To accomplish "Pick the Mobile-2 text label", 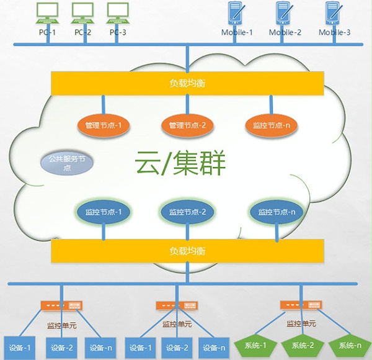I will tap(285, 32).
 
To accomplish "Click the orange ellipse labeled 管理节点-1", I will tap(104, 125).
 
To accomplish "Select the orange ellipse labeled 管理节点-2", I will tap(187, 125).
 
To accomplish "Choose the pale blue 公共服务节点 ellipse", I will tap(67, 163).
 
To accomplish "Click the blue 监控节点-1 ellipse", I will tap(103, 212).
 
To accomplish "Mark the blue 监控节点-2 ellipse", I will tap(187, 212).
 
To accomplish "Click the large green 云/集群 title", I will tap(180, 165).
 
